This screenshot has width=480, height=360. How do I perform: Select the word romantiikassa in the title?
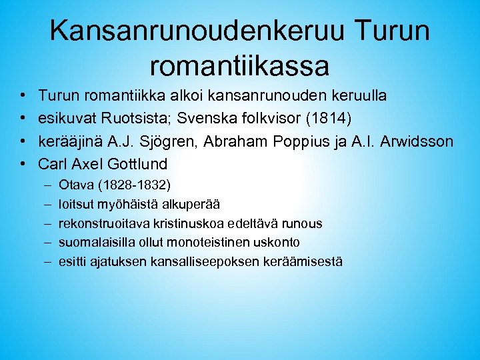[240, 65]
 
